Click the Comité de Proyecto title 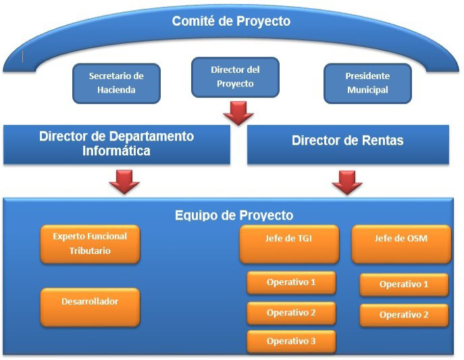click(x=231, y=22)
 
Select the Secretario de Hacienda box click(x=117, y=84)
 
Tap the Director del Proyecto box click(x=235, y=77)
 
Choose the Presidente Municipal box click(x=367, y=84)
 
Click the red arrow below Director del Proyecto click(x=238, y=113)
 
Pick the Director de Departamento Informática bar click(x=117, y=145)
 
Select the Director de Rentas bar click(x=348, y=145)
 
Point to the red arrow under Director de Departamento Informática click(x=124, y=182)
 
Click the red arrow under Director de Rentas click(x=347, y=182)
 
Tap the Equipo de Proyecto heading click(x=234, y=215)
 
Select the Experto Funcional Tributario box click(x=90, y=244)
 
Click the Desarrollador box click(x=90, y=307)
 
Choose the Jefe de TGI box click(x=289, y=244)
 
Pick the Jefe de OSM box click(x=401, y=244)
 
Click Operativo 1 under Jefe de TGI click(x=291, y=282)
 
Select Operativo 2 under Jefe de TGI click(x=291, y=313)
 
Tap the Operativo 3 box click(x=291, y=341)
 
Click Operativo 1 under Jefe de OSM click(x=404, y=284)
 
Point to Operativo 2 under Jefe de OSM click(x=404, y=315)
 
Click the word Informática click(x=116, y=151)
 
